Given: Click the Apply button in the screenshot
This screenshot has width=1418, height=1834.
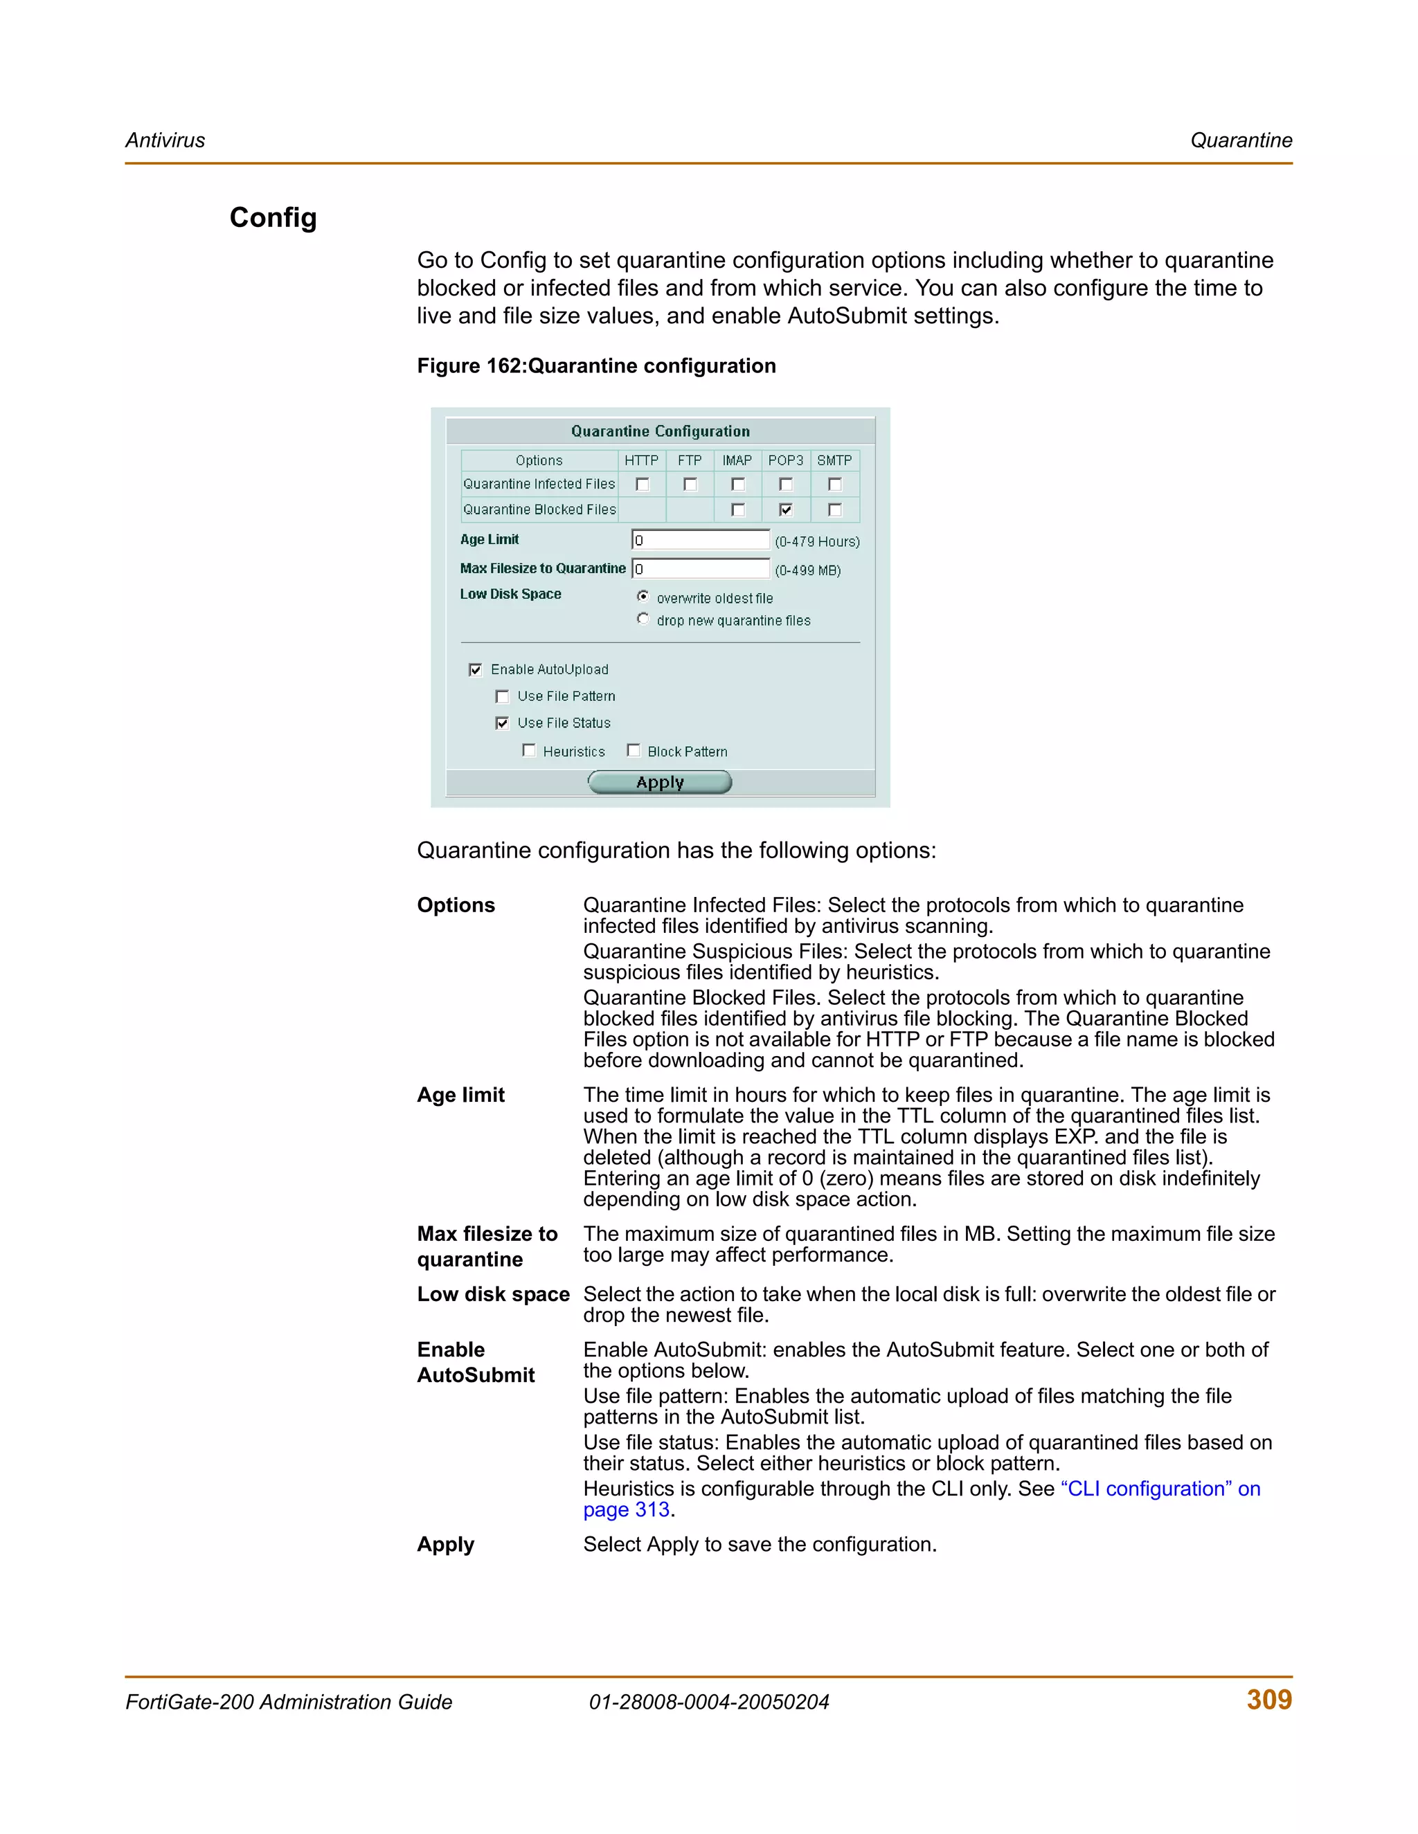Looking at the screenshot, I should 659,783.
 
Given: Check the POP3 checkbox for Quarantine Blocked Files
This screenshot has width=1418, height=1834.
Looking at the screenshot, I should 785,510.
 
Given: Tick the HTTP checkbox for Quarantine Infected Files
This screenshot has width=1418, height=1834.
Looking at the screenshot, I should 643,484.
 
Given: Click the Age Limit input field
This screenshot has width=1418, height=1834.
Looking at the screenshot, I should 700,540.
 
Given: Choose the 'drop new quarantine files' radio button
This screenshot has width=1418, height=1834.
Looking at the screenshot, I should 643,619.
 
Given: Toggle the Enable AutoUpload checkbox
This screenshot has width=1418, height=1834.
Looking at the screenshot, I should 476,670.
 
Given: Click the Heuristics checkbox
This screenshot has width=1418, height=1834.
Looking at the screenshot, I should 528,751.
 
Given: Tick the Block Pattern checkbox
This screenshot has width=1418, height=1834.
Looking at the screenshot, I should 634,751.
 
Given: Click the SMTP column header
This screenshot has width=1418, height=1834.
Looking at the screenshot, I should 834,460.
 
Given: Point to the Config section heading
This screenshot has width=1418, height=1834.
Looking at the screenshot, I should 273,217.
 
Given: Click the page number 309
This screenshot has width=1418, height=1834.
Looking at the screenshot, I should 1268,1700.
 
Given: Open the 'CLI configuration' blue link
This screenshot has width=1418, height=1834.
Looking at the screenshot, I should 1159,1489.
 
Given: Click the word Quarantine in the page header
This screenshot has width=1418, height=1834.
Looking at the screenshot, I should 1241,140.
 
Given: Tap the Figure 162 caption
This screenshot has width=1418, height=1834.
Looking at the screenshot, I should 596,366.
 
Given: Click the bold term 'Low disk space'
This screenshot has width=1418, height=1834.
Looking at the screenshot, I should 493,1294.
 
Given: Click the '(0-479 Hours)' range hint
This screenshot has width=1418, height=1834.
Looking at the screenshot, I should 816,542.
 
